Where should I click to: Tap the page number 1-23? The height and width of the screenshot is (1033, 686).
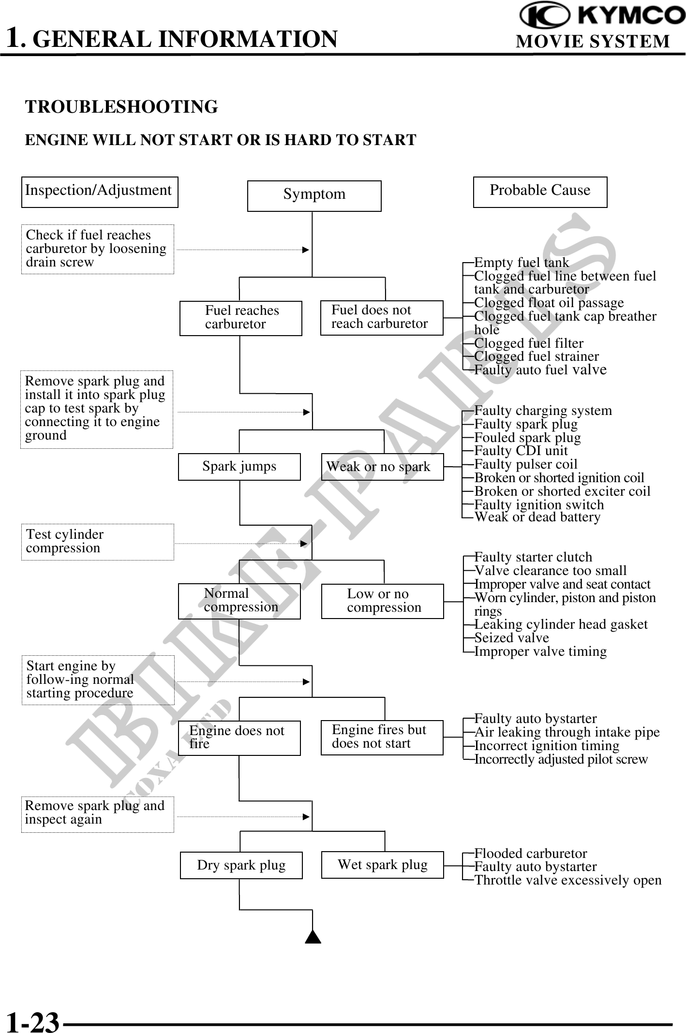coord(32,1020)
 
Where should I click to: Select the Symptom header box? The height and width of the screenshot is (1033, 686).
coord(314,196)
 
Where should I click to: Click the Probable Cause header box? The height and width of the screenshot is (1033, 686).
coord(540,192)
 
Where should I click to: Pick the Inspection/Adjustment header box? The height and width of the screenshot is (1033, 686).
coord(100,192)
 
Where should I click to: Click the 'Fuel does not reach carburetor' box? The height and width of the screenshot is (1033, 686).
coord(382,318)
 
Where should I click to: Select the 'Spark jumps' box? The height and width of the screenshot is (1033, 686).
coord(239,467)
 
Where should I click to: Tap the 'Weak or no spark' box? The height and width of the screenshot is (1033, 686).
coord(382,467)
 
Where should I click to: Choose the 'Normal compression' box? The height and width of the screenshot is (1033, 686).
coord(239,601)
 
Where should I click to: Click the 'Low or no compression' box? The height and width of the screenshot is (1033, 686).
coord(382,601)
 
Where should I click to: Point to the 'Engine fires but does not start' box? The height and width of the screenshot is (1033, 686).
coord(382,738)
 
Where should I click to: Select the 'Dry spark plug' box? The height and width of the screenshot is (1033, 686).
coord(241,865)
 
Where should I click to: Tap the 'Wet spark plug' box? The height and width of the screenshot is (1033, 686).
coord(382,865)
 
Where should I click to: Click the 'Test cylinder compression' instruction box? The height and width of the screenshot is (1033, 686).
coord(97,542)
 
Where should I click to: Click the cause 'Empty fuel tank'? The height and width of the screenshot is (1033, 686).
coord(522,263)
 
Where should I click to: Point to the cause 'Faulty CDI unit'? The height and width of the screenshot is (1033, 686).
coord(521,451)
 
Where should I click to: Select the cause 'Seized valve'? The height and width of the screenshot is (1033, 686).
coord(511,638)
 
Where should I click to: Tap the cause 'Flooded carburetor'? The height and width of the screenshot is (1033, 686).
coord(530,853)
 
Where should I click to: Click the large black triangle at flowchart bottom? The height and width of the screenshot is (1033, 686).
coord(313,937)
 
